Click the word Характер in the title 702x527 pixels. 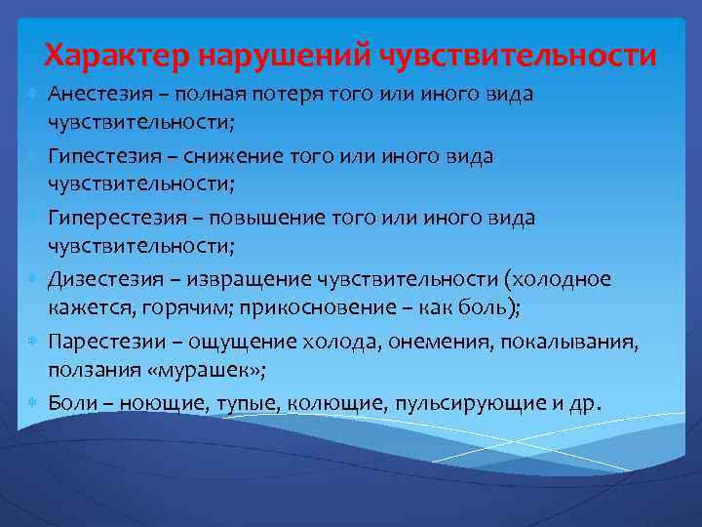coord(118,55)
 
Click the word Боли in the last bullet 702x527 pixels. coord(69,404)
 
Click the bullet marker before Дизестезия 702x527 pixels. coord(32,280)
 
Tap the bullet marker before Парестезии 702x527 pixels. coord(32,343)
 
